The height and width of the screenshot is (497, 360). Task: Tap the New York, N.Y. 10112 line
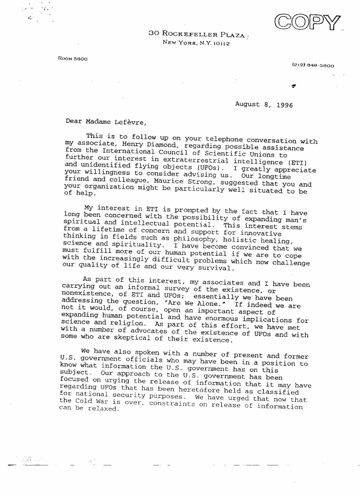pos(197,43)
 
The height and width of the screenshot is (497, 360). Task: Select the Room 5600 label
pos(73,59)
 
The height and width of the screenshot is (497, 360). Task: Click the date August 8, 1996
pos(264,104)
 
